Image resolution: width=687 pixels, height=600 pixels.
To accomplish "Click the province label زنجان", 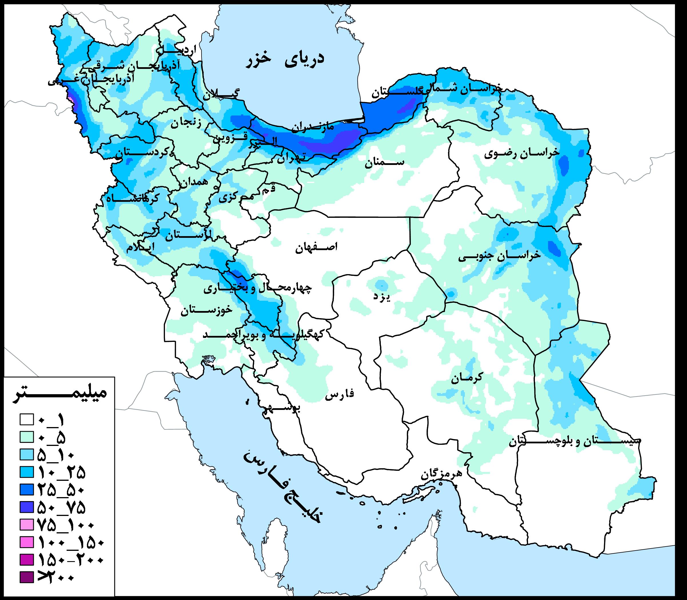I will [186, 124].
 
